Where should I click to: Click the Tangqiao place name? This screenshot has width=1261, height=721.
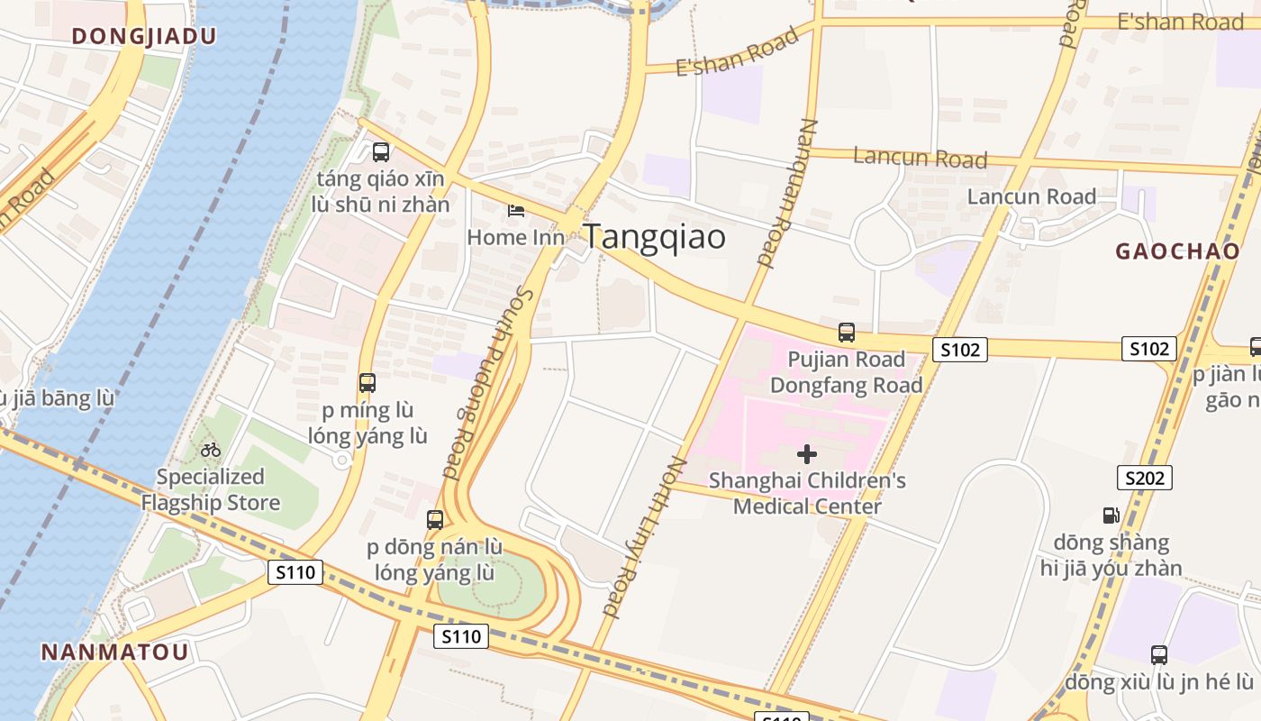click(x=654, y=237)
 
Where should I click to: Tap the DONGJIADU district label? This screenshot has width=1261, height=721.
click(x=144, y=36)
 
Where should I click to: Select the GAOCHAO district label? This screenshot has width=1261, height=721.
click(x=1177, y=251)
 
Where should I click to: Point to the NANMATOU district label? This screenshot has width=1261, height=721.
click(x=115, y=652)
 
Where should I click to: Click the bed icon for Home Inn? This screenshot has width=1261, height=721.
click(x=516, y=211)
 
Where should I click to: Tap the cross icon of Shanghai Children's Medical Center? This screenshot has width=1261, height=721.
click(x=807, y=453)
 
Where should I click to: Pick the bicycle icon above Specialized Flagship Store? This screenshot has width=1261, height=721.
click(x=211, y=449)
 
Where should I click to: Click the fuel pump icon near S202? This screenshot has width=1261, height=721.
click(x=1111, y=515)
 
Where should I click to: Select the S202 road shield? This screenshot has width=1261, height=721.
click(x=1145, y=478)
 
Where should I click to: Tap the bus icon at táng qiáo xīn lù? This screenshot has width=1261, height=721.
click(x=381, y=151)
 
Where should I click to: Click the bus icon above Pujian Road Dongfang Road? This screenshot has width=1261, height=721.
click(x=847, y=332)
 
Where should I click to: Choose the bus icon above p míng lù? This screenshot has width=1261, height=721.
click(x=367, y=382)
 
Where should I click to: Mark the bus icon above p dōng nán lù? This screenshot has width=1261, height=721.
click(x=435, y=519)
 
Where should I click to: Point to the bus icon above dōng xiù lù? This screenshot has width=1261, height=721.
click(x=1159, y=654)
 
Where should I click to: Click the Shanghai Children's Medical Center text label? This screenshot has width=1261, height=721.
click(x=807, y=493)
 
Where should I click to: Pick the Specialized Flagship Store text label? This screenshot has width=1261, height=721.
click(x=211, y=489)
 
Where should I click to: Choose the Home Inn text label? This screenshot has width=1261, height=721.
click(x=516, y=237)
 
